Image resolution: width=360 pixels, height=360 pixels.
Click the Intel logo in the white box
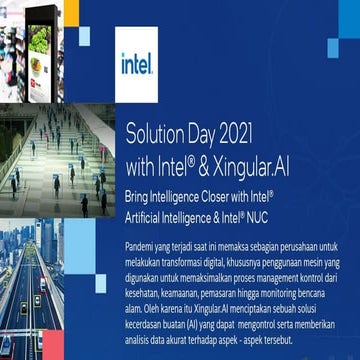(137, 67)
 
